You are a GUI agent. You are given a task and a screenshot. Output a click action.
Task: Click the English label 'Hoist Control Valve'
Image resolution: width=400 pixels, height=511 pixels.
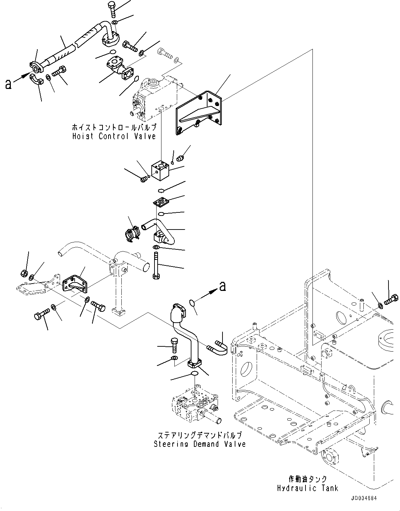click(114, 136)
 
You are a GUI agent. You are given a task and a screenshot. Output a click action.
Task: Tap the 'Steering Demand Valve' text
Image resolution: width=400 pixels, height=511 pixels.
click(199, 444)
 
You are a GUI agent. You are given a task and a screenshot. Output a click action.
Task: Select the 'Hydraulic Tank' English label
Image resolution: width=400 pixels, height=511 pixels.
click(308, 488)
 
